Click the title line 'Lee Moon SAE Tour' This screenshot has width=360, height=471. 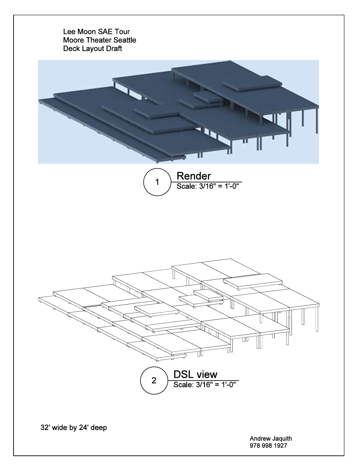pyautogui.click(x=96, y=32)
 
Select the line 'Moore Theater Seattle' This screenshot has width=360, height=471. pyautogui.click(x=99, y=40)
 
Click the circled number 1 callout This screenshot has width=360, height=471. pyautogui.click(x=157, y=182)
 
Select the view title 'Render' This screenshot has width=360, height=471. pyautogui.click(x=194, y=176)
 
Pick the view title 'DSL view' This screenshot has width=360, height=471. pyautogui.click(x=195, y=374)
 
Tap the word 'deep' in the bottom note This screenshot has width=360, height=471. pyautogui.click(x=99, y=428)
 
